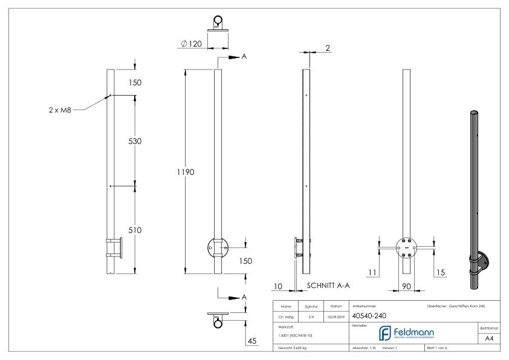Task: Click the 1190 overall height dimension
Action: [x=184, y=172]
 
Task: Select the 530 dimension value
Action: [x=135, y=140]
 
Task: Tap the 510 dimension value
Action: [x=135, y=230]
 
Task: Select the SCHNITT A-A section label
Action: [x=328, y=284]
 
